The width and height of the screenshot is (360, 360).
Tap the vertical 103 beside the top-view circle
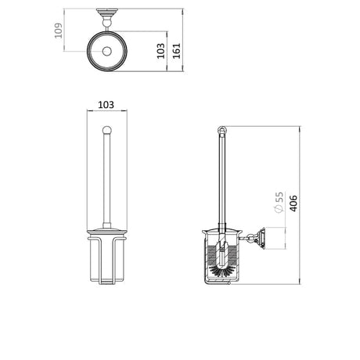161,51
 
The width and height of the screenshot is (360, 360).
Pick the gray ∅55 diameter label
278,203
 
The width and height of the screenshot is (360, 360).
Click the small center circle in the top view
104,52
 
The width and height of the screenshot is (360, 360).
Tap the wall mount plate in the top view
104,10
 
